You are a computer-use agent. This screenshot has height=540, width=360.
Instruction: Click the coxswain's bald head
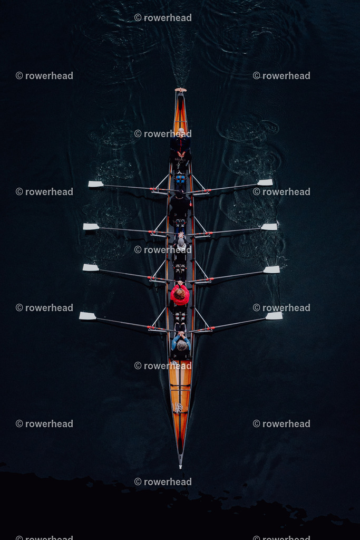click(181, 131)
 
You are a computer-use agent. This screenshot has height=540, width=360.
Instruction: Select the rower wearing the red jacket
click(180, 294)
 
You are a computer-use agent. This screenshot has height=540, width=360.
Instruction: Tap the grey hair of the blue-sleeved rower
click(182, 345)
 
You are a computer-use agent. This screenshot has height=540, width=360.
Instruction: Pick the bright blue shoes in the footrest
click(180, 179)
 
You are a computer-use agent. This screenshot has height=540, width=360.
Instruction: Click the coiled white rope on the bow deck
click(178, 408)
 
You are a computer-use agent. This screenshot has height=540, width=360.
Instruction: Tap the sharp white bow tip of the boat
click(180, 467)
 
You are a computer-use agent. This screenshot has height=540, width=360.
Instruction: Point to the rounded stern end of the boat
click(181, 90)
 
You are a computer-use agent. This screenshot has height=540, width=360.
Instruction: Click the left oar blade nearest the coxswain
click(96, 184)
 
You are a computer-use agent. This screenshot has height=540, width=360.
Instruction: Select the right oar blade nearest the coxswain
click(265, 182)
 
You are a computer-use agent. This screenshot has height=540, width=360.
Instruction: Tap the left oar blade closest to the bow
click(88, 316)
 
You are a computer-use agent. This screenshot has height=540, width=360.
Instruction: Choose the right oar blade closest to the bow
click(274, 316)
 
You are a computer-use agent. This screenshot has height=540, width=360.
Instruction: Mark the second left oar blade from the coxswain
click(91, 227)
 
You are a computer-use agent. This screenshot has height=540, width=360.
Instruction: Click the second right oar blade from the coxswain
click(269, 227)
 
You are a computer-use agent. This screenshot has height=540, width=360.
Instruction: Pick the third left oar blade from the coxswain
click(91, 267)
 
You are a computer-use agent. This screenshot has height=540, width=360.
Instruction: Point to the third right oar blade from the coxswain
click(271, 269)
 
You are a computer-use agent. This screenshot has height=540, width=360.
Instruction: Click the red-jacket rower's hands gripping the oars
click(180, 283)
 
